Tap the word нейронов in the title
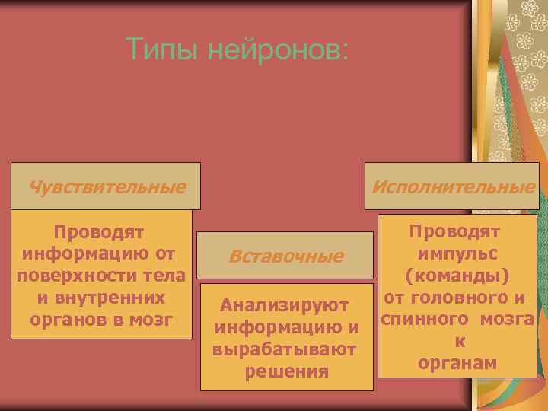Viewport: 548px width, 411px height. pos(276,50)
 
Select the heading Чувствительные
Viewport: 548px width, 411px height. pos(107,186)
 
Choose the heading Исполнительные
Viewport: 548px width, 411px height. pos(453,186)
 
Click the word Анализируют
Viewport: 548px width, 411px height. pos(285,306)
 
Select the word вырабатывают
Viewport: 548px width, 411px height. pos(285,350)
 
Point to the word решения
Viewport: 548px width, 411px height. pos(287,372)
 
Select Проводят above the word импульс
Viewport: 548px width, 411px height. pos(454,231)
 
